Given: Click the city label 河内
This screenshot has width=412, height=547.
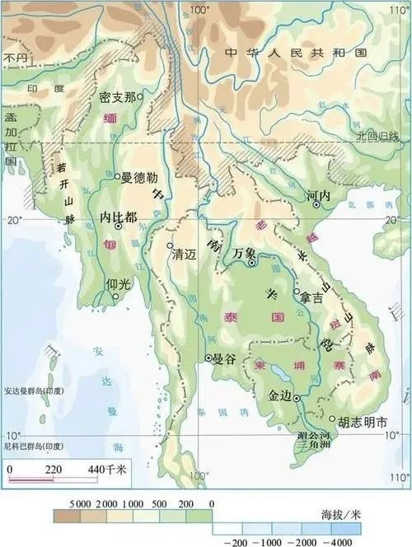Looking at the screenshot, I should tap(317, 197).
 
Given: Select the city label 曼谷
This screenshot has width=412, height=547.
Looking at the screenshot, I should tap(225, 359).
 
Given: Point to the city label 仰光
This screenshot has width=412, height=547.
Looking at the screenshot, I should tap(119, 283).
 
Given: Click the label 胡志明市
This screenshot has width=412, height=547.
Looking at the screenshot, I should tap(362, 420).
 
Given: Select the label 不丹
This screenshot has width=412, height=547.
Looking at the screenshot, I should tap(15, 58).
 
